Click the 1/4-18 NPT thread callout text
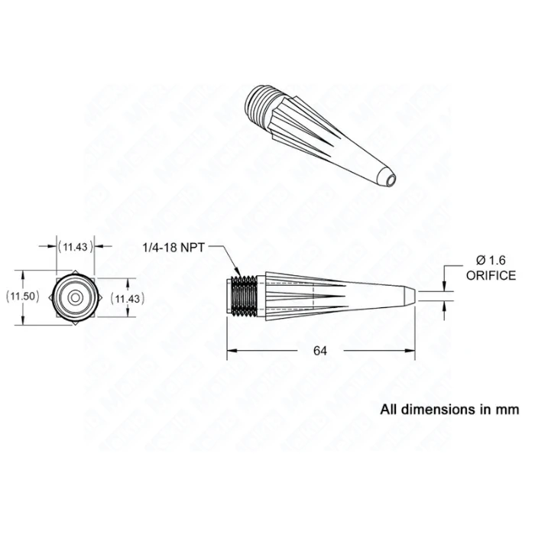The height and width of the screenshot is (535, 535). pyautogui.click(x=173, y=248)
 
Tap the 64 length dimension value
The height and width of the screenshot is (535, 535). pyautogui.click(x=320, y=350)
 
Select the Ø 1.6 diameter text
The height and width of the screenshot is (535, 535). pyautogui.click(x=491, y=261)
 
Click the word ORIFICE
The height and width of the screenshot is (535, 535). pyautogui.click(x=491, y=275)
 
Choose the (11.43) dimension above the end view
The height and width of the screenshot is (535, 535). pyautogui.click(x=76, y=247)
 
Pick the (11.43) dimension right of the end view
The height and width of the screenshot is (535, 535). pyautogui.click(x=128, y=299)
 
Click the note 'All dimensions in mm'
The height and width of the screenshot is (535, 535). pyautogui.click(x=449, y=409)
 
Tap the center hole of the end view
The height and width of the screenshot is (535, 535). pyautogui.click(x=76, y=298)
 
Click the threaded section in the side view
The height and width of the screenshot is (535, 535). pyautogui.click(x=244, y=296)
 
